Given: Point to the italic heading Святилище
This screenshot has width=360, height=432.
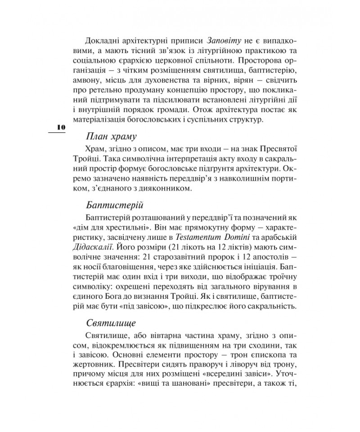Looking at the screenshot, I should click(110, 323).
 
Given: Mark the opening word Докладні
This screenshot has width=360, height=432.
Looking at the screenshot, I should click(101, 40).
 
